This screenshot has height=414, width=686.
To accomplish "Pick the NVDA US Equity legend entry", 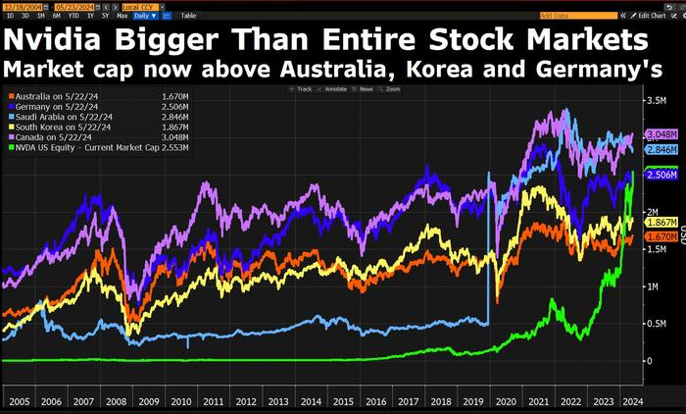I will (x=83, y=143).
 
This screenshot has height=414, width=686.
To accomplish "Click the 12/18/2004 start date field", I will (x=23, y=5).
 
